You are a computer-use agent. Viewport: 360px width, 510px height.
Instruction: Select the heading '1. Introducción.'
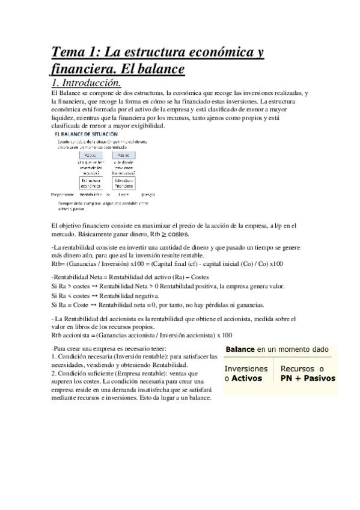click(87, 82)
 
